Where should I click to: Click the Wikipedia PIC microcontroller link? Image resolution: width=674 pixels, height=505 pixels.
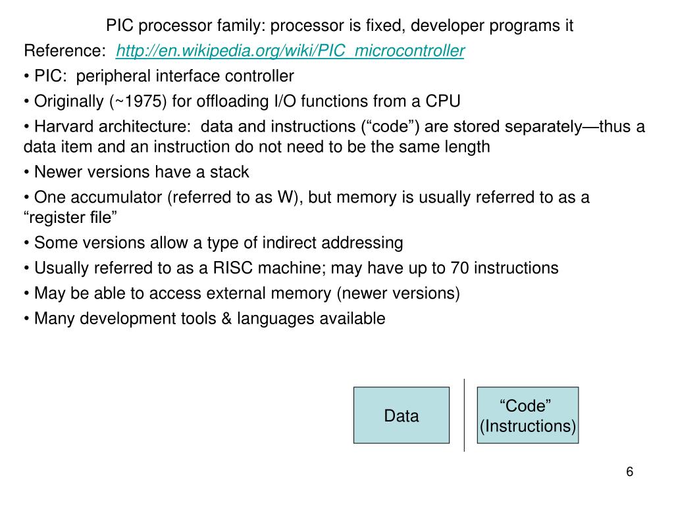290,51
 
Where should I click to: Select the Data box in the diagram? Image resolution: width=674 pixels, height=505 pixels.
402,416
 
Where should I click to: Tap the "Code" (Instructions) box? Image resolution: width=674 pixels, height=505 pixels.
527,416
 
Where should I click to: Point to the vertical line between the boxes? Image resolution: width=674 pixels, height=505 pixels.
464,416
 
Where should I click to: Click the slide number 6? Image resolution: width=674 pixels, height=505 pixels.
629,472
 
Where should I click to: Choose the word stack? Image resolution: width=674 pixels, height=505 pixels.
229,172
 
